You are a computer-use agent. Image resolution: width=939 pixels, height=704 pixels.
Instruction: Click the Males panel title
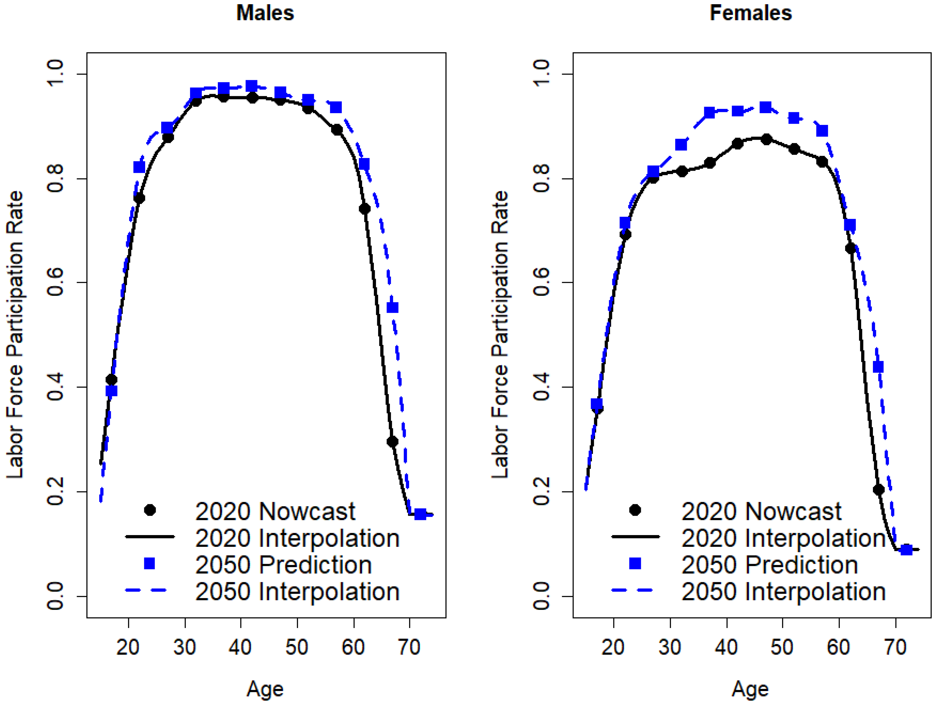tap(265, 13)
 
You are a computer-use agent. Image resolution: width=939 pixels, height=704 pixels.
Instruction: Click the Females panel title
tap(750, 13)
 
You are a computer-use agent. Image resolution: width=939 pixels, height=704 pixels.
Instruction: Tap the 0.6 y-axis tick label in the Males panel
tap(55, 283)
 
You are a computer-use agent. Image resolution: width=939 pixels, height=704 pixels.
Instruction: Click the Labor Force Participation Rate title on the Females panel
tap(500, 335)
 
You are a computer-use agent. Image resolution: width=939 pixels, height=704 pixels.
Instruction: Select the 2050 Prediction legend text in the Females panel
tap(769, 565)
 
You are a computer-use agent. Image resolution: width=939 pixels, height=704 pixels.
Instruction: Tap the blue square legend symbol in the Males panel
tap(149, 563)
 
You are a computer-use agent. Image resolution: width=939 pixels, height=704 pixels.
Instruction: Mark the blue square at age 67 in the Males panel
tap(393, 307)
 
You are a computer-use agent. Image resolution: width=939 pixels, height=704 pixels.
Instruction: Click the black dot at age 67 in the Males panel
tap(392, 441)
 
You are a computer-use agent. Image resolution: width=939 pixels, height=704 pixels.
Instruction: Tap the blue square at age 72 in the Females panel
tap(906, 550)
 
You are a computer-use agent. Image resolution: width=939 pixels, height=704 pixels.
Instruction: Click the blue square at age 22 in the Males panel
tap(139, 167)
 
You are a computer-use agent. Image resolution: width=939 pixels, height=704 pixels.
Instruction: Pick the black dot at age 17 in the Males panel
tap(111, 379)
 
